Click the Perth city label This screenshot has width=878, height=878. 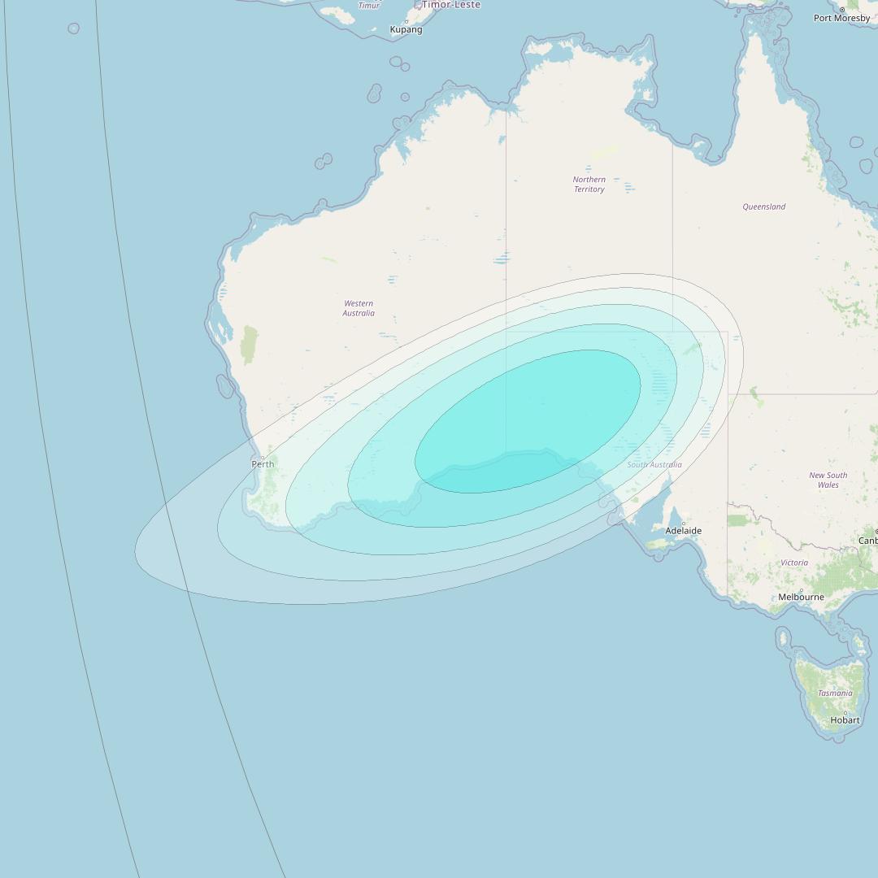pos(263,464)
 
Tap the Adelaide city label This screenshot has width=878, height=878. pos(683,531)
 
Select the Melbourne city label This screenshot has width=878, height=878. pos(801,597)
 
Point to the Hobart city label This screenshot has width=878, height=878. pos(845,720)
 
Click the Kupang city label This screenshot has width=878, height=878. pos(406,30)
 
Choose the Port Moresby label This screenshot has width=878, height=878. pos(841,18)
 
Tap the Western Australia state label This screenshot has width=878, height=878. pos(359,308)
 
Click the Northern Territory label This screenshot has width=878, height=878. pos(589,185)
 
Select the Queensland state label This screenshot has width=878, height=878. pos(763,207)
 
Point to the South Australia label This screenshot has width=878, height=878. pos(654,465)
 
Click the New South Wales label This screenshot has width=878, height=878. pos(828,480)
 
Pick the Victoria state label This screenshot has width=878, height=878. pos(794,563)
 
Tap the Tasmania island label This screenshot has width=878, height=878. pos(835,693)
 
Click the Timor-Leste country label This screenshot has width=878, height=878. pos(450,5)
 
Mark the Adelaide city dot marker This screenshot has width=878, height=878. pos(684,523)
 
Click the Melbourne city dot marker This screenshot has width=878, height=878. pos(801,590)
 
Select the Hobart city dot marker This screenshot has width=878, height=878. pos(845,713)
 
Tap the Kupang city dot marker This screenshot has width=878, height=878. pos(406,22)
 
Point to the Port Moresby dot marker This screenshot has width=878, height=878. pos(842,10)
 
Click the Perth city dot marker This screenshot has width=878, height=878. pos(263,457)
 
